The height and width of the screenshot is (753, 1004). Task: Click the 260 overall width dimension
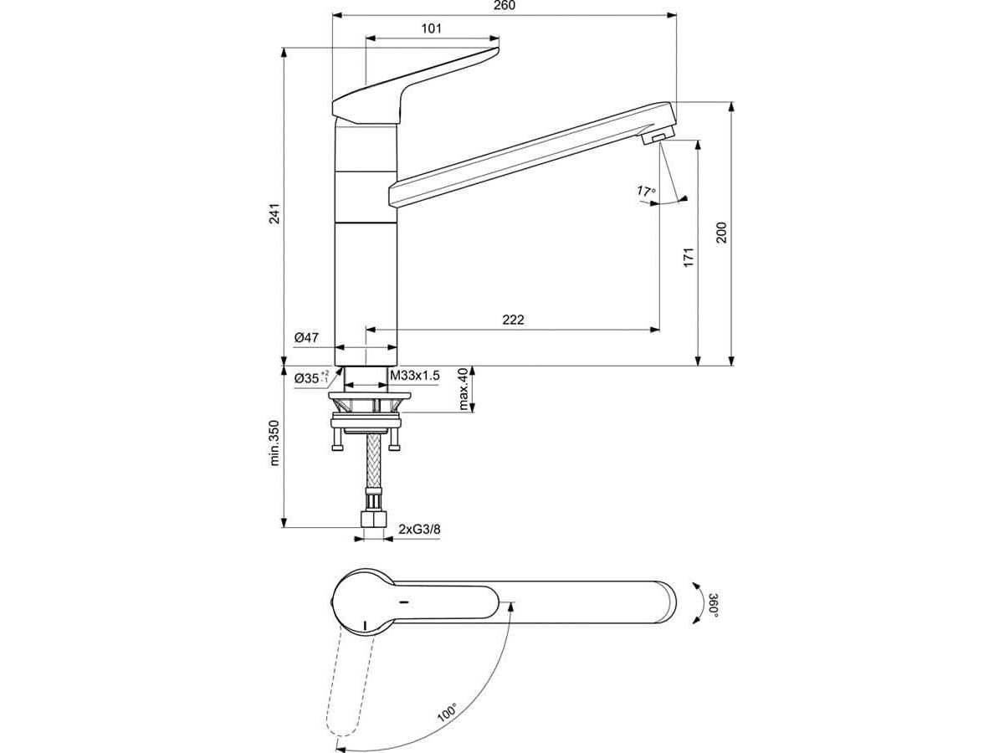tap(505, 6)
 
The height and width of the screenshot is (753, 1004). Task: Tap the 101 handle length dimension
tap(432, 28)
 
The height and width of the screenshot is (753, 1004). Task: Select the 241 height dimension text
tap(274, 213)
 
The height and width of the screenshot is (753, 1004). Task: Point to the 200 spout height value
tap(721, 233)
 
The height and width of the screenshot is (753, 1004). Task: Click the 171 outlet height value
tap(689, 258)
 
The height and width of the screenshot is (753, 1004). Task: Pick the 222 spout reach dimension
tap(513, 320)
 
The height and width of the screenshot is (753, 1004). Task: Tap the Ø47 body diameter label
tap(306, 338)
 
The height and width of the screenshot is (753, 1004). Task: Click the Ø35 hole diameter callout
tap(311, 377)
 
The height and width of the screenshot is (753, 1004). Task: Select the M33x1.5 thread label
tap(414, 376)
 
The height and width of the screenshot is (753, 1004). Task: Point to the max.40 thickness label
tap(464, 389)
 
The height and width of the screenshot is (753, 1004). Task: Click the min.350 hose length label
tap(274, 443)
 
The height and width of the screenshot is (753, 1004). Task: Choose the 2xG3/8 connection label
tap(419, 529)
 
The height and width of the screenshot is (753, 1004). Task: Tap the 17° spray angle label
tap(646, 191)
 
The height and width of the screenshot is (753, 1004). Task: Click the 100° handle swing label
tap(447, 712)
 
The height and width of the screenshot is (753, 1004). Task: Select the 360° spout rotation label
tap(714, 605)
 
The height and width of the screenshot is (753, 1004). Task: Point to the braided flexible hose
tap(374, 459)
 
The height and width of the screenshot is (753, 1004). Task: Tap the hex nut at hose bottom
tap(374, 519)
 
